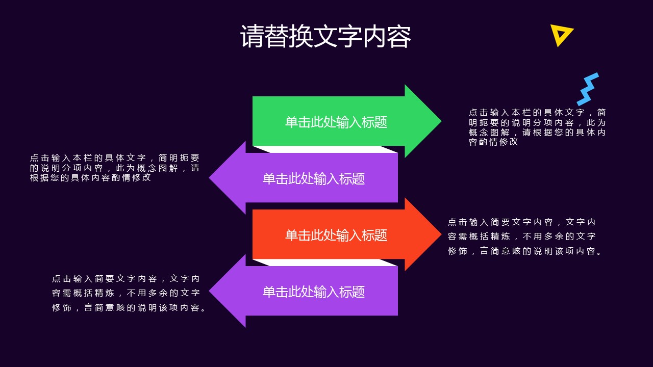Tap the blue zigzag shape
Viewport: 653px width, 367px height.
tap(587, 89)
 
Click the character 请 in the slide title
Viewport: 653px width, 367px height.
tap(253, 36)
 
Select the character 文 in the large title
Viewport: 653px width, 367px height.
tap(325, 36)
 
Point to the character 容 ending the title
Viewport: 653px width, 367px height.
tap(399, 36)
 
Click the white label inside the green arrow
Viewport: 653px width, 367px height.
tap(336, 122)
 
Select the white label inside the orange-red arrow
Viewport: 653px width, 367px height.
tap(336, 235)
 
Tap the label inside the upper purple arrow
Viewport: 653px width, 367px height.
tap(314, 178)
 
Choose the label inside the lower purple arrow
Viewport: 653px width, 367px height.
tap(314, 292)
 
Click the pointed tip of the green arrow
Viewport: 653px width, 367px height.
tap(441, 121)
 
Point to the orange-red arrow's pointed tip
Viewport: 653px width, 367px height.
tap(441, 234)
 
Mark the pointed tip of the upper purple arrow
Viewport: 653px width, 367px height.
tap(209, 178)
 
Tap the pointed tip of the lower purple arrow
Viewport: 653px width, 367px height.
tap(209, 291)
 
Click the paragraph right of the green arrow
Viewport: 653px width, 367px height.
tap(537, 127)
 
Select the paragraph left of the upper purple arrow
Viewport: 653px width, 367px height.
tap(115, 168)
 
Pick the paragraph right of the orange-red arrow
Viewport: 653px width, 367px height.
tap(524, 237)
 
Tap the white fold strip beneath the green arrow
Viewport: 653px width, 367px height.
tap(325, 149)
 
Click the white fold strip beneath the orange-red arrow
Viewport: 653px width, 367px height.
tap(325, 263)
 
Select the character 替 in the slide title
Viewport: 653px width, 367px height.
tap(277, 36)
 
